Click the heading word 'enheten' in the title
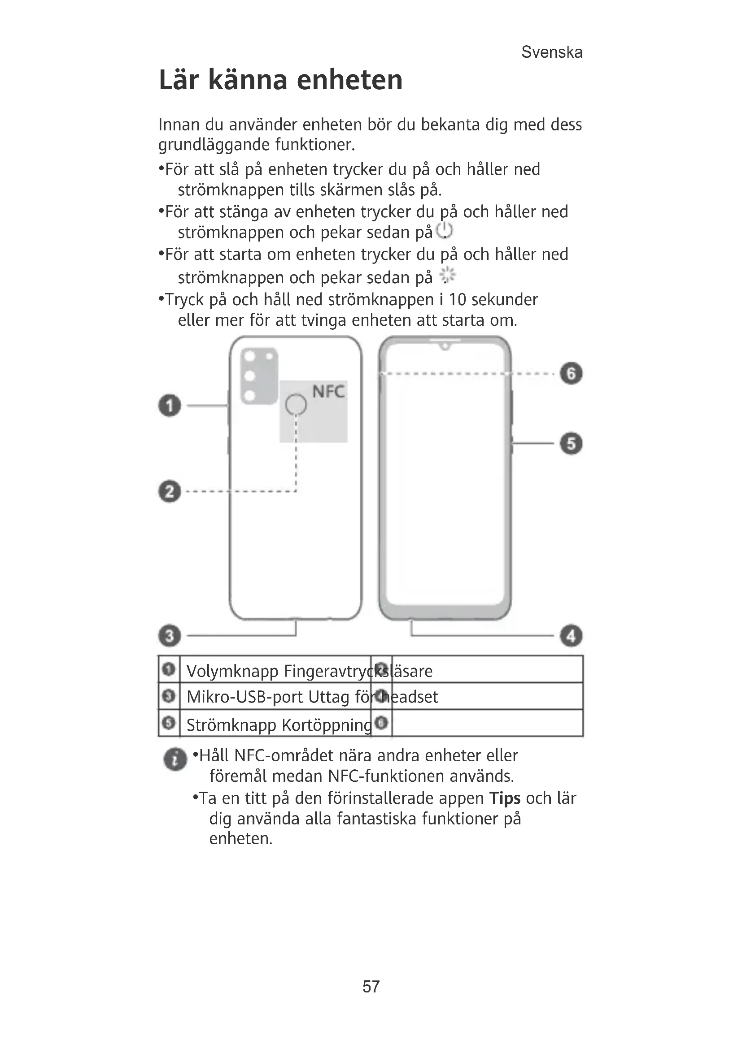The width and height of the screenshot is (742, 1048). pyautogui.click(x=349, y=80)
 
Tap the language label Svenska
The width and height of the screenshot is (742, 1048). pyautogui.click(x=551, y=52)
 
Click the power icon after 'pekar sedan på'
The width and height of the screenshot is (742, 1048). pyautogui.click(x=444, y=231)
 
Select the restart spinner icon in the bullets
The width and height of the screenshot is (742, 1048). pyautogui.click(x=447, y=275)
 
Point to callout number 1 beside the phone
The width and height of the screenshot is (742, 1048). pyautogui.click(x=170, y=405)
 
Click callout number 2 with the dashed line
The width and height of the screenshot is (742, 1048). pyautogui.click(x=170, y=492)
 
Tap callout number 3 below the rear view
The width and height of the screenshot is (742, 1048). pyautogui.click(x=170, y=636)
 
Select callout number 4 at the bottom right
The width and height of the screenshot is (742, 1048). pyautogui.click(x=571, y=636)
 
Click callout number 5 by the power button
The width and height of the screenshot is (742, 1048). pyautogui.click(x=571, y=444)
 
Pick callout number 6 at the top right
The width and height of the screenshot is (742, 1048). pyautogui.click(x=571, y=373)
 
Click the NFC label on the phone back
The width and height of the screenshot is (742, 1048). pyautogui.click(x=328, y=392)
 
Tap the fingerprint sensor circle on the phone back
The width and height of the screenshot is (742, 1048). pyautogui.click(x=296, y=405)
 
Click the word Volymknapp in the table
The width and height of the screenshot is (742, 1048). pyautogui.click(x=232, y=671)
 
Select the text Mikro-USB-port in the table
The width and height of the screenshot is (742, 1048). pyautogui.click(x=244, y=697)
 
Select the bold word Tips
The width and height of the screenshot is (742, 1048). pyautogui.click(x=504, y=798)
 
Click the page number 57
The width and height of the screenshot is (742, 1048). pyautogui.click(x=371, y=986)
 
